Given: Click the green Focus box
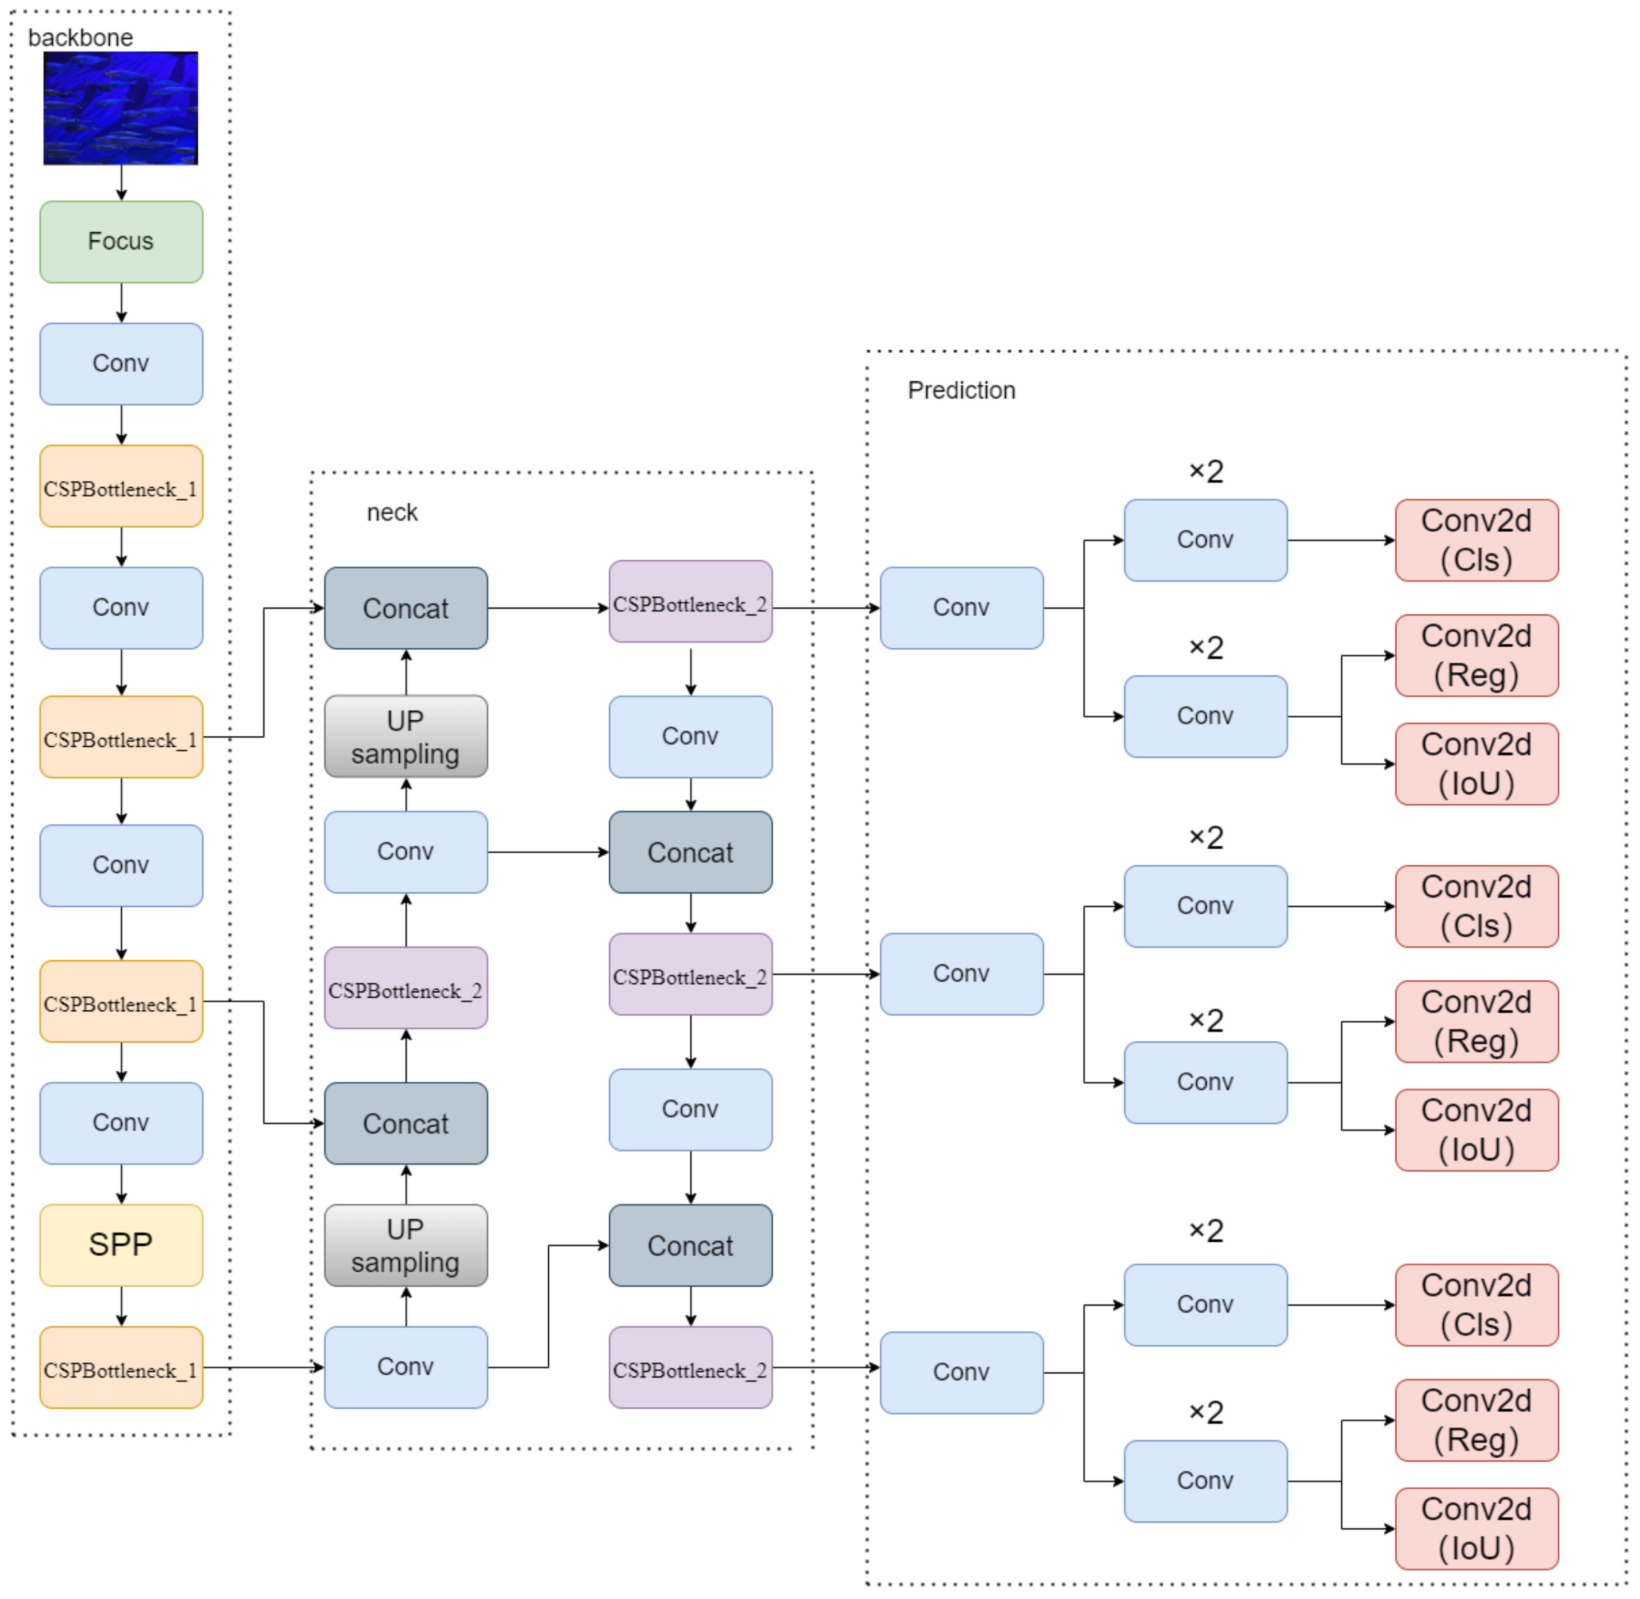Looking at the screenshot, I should [121, 242].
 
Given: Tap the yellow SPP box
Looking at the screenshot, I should [121, 1245].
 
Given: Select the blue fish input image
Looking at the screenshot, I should [121, 108].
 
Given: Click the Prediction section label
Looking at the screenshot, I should [961, 390].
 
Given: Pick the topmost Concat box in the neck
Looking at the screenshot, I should [405, 608].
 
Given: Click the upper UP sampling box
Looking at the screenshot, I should [405, 736].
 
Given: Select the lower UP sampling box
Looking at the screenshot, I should [405, 1245].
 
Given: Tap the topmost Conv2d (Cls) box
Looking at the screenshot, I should [1476, 540].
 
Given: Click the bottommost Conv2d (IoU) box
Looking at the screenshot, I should [1476, 1529].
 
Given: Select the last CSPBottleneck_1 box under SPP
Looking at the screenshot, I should [121, 1367].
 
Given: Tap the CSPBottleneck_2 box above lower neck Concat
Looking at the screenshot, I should [405, 987].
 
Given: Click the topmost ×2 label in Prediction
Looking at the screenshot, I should [1206, 471].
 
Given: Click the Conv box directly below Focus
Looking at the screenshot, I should [121, 364].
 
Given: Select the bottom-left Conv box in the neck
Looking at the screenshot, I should [405, 1367].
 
